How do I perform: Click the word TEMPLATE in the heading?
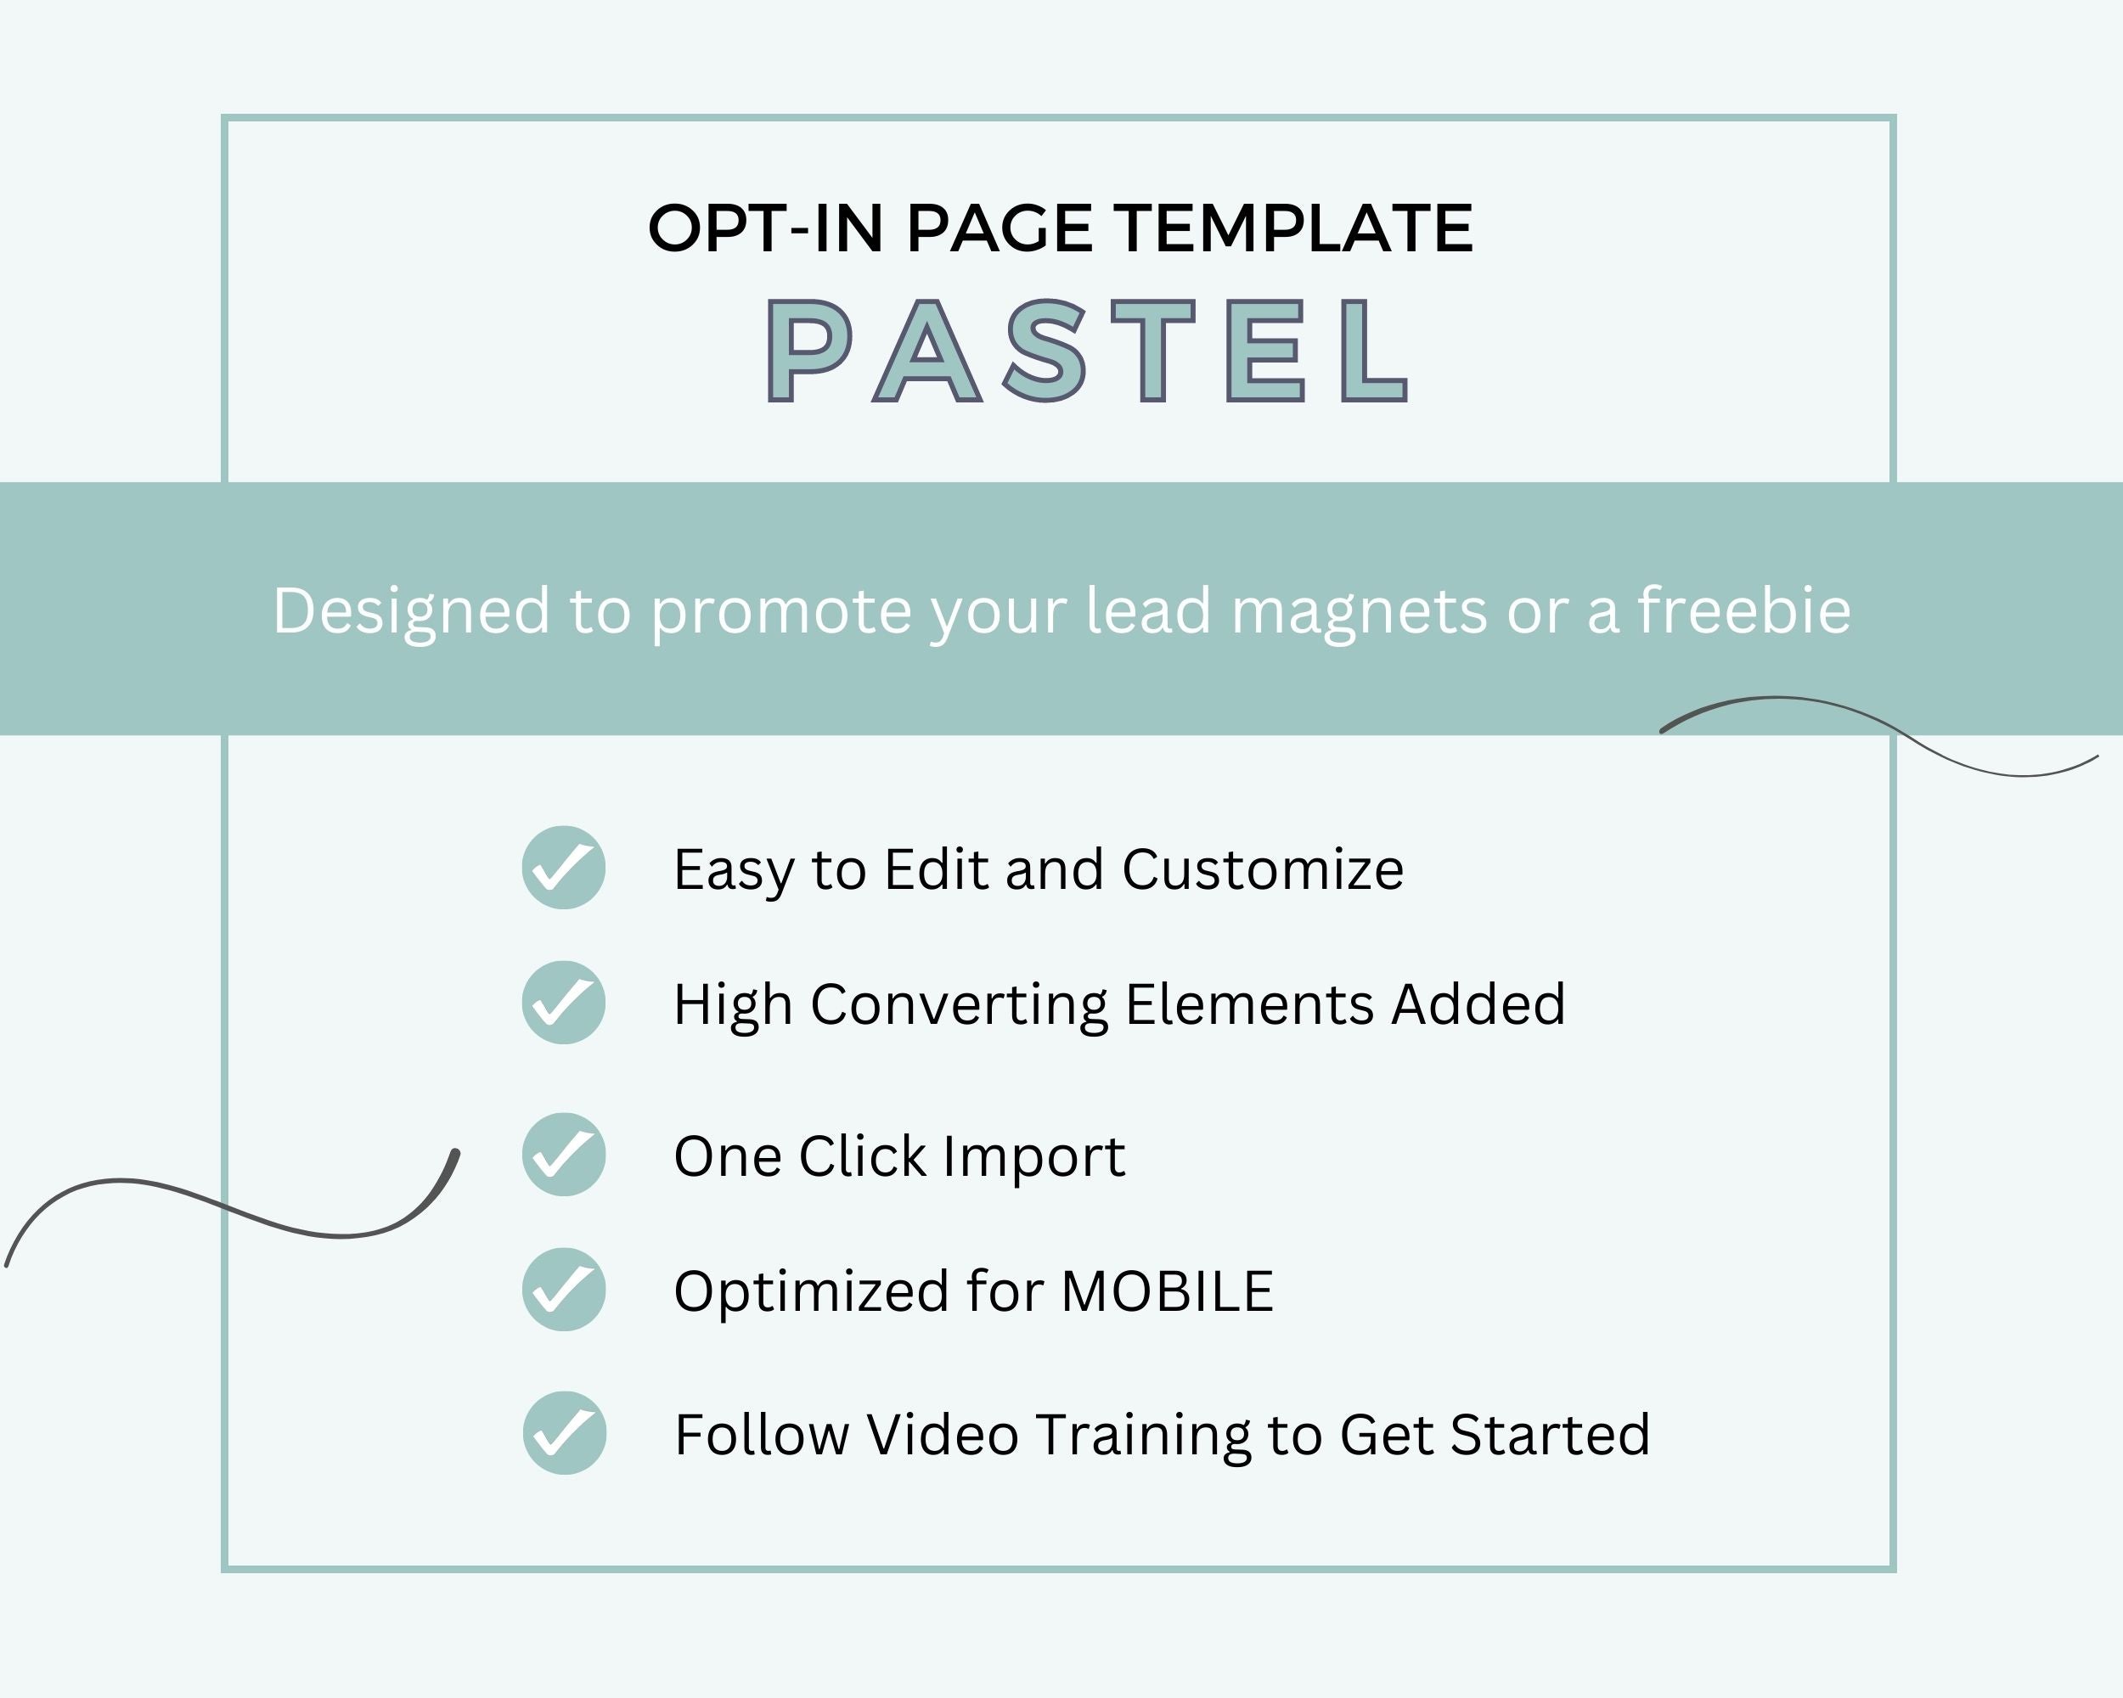1295,228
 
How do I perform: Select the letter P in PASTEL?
808,351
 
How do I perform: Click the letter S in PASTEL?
1045,351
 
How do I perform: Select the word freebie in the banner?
1744,610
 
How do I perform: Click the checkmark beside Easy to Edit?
563,867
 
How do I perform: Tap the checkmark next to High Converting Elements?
563,1002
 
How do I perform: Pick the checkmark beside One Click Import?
563,1155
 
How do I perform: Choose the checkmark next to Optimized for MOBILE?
563,1290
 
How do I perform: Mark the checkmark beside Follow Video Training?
564,1433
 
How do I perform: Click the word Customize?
1264,869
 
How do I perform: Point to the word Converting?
959,1006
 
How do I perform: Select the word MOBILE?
1168,1291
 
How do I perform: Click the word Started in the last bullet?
1551,1435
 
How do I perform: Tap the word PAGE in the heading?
1000,228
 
